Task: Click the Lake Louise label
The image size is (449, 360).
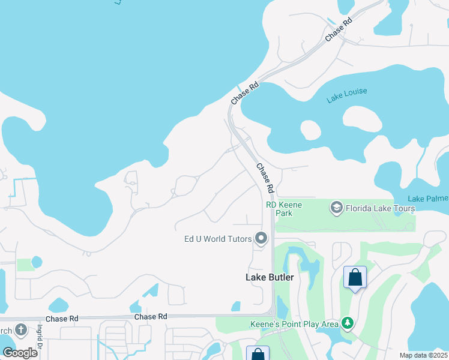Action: (x=347, y=96)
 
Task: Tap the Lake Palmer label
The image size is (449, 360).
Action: (x=427, y=199)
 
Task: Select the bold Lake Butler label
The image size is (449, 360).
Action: (x=270, y=277)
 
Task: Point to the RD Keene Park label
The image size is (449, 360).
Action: (x=284, y=209)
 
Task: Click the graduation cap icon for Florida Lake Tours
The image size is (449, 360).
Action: (x=336, y=208)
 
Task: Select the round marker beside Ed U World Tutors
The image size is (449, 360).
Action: (x=261, y=239)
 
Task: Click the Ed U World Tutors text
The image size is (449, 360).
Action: (x=217, y=239)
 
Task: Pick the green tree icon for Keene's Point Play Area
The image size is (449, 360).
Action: (x=347, y=324)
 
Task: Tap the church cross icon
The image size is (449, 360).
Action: (x=21, y=330)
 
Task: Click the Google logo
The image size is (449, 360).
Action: (x=19, y=352)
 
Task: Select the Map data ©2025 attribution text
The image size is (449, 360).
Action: (x=423, y=355)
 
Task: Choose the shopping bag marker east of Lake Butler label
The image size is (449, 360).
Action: (x=355, y=278)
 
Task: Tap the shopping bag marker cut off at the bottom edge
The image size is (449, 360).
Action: (x=258, y=354)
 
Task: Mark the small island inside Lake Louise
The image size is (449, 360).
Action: (x=310, y=130)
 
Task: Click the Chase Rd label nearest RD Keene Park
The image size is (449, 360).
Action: (x=265, y=178)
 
